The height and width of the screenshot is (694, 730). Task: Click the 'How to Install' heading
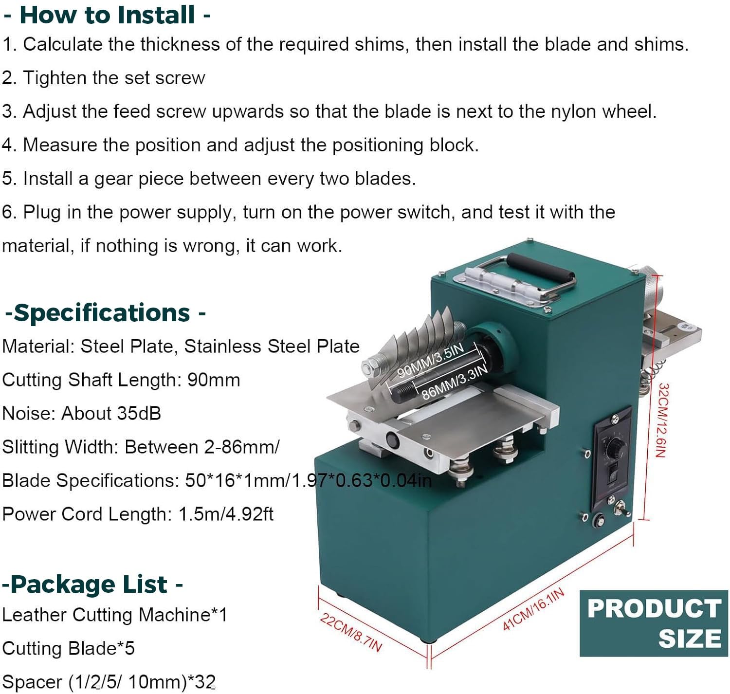click(x=107, y=15)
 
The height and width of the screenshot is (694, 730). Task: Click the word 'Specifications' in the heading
click(x=102, y=312)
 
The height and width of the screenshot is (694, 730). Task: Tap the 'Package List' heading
click(x=89, y=584)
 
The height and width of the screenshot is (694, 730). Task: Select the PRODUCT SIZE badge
click(x=653, y=623)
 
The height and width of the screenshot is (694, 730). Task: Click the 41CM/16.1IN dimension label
click(x=533, y=609)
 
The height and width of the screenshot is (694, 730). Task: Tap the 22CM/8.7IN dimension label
click(x=350, y=632)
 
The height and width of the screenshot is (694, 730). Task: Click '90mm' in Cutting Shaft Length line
click(x=214, y=380)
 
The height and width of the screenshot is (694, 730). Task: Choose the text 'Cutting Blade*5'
click(x=68, y=648)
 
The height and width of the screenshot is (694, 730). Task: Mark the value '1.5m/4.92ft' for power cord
click(x=226, y=514)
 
